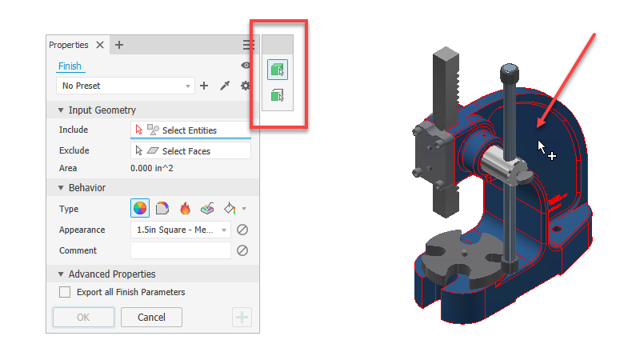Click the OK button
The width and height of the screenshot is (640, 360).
coord(83,317)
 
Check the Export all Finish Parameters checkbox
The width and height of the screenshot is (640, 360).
coord(65,292)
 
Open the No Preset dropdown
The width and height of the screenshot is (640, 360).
coord(126,86)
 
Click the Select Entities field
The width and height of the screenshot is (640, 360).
coord(190,130)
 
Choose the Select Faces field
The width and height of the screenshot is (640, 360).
coord(190,151)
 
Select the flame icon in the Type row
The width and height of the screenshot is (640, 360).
coord(185,209)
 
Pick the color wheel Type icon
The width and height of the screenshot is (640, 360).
coord(139,208)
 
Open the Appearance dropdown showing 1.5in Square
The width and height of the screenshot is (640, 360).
coord(181,230)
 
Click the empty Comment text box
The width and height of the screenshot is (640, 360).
coord(181,250)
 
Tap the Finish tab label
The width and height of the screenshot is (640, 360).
coord(70,66)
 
